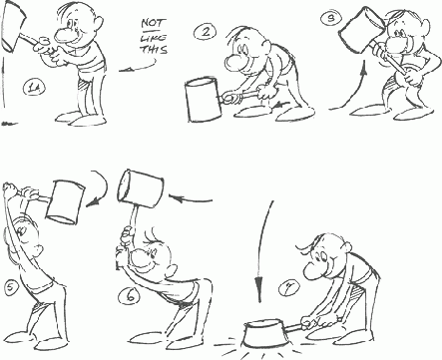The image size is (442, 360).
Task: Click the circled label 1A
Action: pyautogui.click(x=34, y=89)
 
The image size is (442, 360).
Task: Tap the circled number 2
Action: pyautogui.click(x=206, y=32)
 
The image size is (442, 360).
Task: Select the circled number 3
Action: pyautogui.click(x=331, y=18)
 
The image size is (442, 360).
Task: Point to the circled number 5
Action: pyautogui.click(x=11, y=287)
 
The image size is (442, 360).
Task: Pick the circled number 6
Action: pyautogui.click(x=131, y=295)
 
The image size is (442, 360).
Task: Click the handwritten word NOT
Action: pyautogui.click(x=153, y=23)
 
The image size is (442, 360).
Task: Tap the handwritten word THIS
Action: pyautogui.click(x=154, y=50)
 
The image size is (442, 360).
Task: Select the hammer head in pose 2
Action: pyautogui.click(x=203, y=100)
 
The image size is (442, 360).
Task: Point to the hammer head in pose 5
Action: pyautogui.click(x=65, y=201)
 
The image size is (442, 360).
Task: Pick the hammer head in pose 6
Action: pyautogui.click(x=141, y=187)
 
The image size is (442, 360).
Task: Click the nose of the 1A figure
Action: pyautogui.click(x=63, y=35)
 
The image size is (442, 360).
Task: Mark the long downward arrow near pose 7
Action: pyautogui.click(x=263, y=251)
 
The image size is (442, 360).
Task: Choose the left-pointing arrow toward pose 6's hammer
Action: pyautogui.click(x=191, y=199)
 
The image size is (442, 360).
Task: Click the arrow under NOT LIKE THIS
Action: pyautogui.click(x=139, y=67)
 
